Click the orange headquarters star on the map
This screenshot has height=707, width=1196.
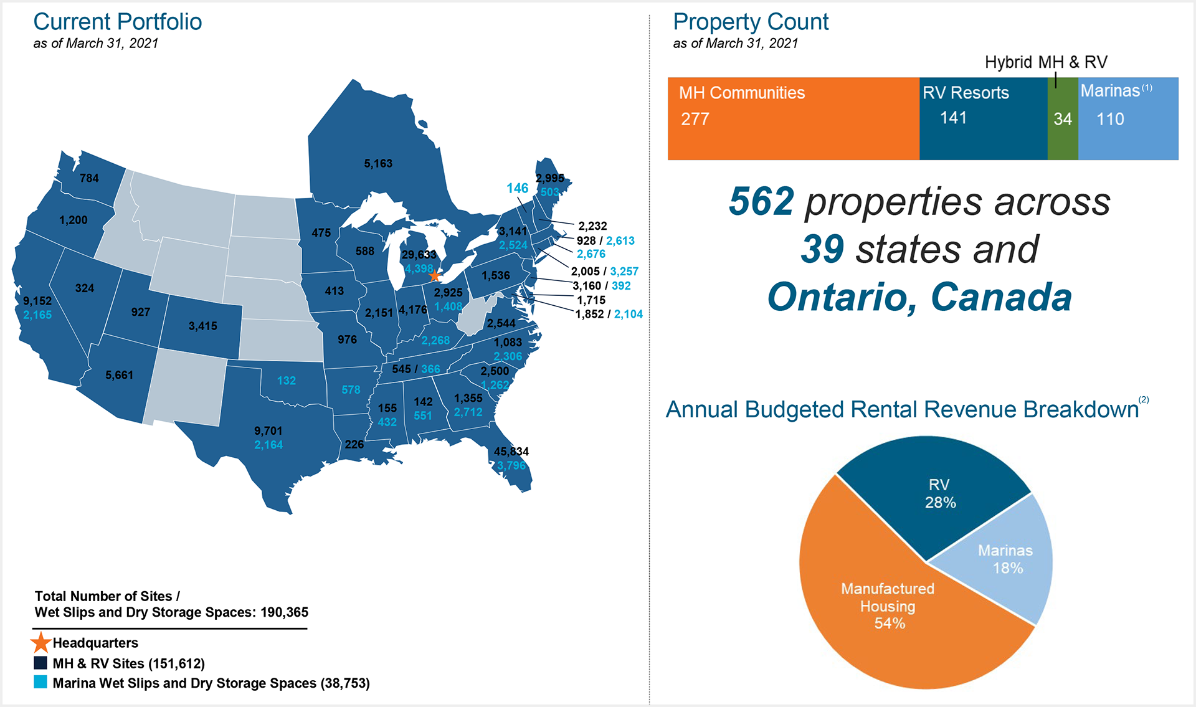[435, 275]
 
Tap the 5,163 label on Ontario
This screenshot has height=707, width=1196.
[378, 164]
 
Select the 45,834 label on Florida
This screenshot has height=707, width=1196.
[511, 452]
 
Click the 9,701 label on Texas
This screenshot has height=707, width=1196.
[268, 431]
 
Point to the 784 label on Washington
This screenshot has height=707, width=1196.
[89, 179]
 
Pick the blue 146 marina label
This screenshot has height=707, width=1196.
[517, 188]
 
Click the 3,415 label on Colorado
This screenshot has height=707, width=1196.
[203, 326]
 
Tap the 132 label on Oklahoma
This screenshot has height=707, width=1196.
[287, 381]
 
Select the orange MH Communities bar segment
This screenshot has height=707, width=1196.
[793, 118]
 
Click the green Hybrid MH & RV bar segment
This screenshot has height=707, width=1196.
[1063, 118]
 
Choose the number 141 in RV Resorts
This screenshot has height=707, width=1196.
[953, 118]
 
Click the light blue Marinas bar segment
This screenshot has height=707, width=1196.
[1128, 118]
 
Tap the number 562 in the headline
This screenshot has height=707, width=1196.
[761, 202]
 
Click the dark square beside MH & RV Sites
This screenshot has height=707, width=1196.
[40, 663]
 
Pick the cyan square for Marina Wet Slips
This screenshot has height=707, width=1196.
[40, 682]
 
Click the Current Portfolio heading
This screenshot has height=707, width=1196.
[118, 22]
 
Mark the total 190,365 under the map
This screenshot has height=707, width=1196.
[284, 612]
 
